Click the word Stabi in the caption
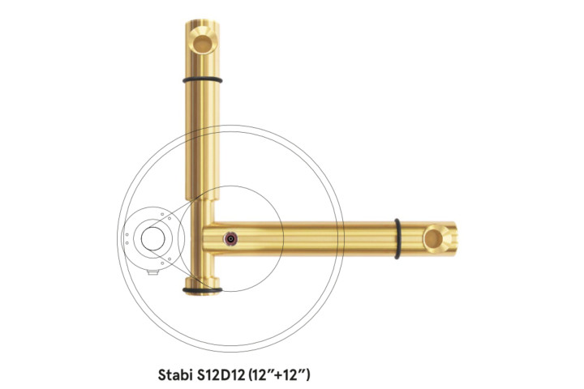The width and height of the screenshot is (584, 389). tap(174, 374)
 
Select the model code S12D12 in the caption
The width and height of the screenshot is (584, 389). tap(219, 374)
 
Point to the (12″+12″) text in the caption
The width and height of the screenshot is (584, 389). tap(279, 374)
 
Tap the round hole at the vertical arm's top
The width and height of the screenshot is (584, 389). tap(202, 43)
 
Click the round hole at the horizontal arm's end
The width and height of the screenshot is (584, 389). tap(433, 238)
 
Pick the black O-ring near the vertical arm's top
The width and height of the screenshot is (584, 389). tap(202, 79)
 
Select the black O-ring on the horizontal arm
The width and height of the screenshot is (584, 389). tap(397, 238)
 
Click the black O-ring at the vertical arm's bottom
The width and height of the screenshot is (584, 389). tap(202, 289)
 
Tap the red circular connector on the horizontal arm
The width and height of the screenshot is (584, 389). tap(231, 238)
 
